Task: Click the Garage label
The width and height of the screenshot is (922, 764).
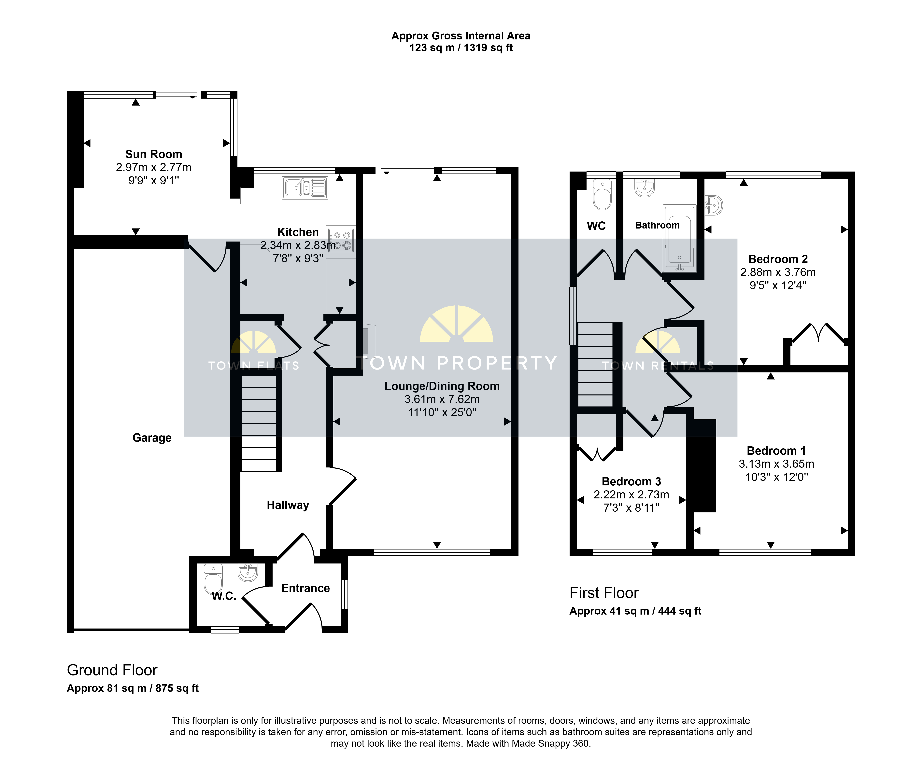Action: (152, 438)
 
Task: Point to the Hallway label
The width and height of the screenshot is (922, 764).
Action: (288, 505)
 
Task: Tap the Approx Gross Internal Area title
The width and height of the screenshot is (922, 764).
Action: (461, 36)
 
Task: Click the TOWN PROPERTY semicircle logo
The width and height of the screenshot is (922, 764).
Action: (457, 324)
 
